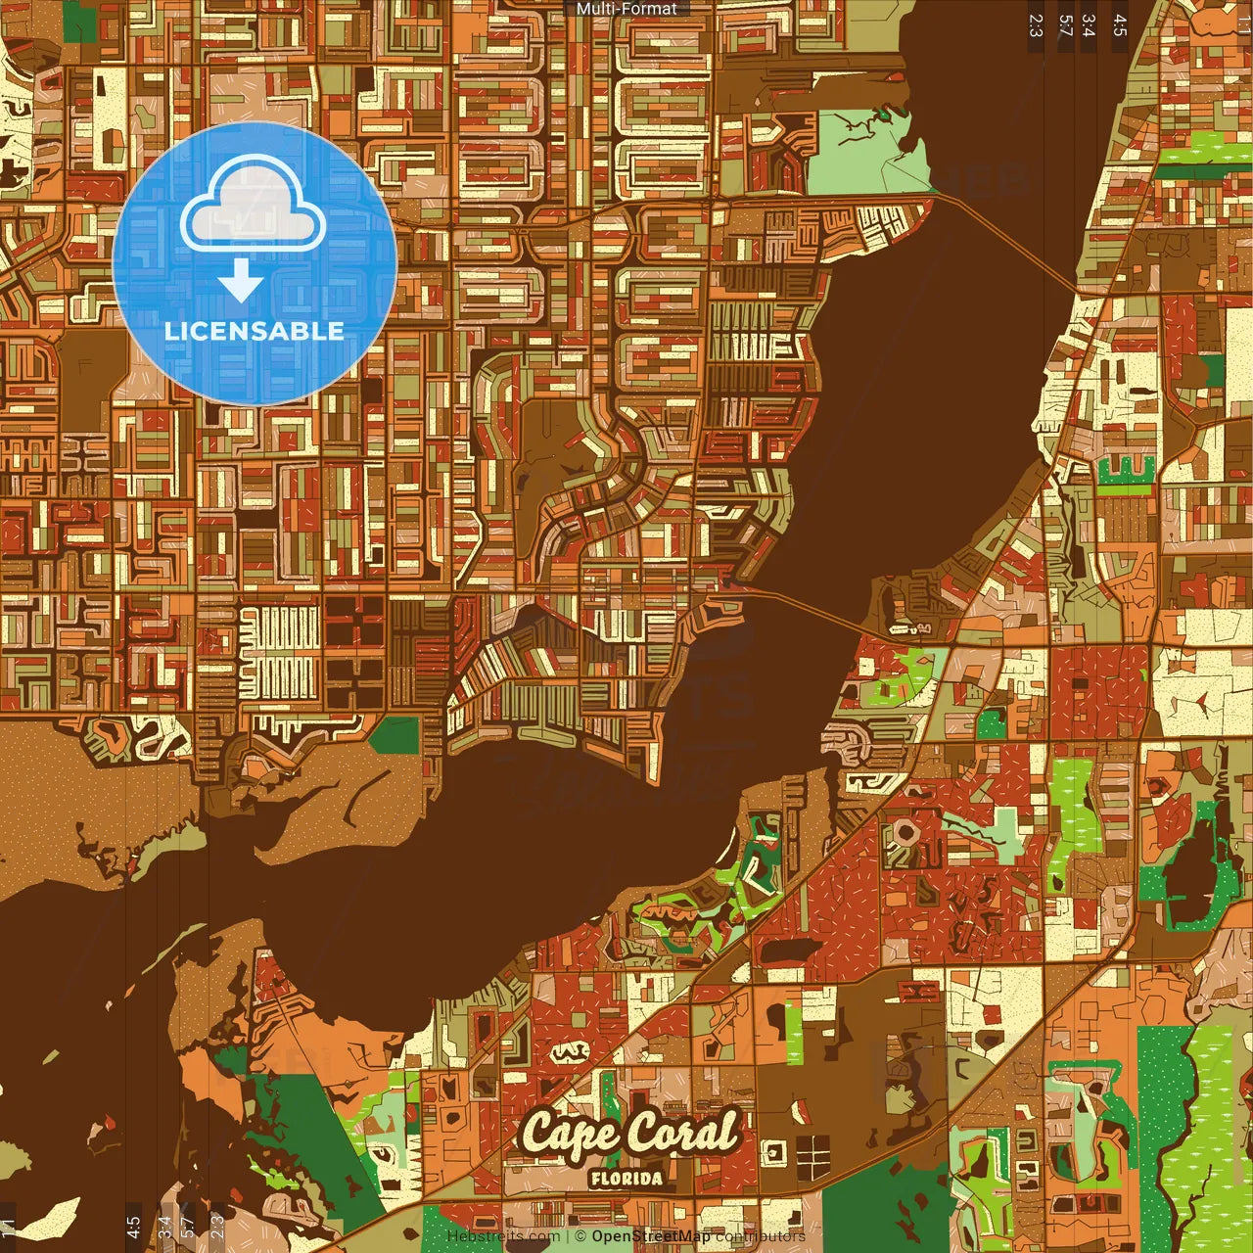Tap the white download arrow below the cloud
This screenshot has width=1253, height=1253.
point(241,281)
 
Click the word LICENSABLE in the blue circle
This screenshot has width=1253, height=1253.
point(255,331)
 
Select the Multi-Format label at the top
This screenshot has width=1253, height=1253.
point(626,9)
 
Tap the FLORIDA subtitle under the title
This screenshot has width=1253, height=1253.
point(626,1179)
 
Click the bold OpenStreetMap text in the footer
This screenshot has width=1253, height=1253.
point(651,1236)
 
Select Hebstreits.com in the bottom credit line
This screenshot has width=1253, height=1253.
point(503,1236)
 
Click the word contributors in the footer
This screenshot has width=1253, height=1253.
point(761,1236)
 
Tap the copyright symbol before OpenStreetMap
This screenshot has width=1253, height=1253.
point(580,1236)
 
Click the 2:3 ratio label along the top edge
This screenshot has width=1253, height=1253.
point(1036,24)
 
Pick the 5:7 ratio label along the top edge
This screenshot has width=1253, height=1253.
point(1066,24)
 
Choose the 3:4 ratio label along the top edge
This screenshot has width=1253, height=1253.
point(1089,24)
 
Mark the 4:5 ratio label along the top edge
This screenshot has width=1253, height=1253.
point(1120,24)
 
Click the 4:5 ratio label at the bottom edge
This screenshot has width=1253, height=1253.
point(133,1228)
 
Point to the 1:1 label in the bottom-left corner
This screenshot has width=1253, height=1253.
point(8,1227)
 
